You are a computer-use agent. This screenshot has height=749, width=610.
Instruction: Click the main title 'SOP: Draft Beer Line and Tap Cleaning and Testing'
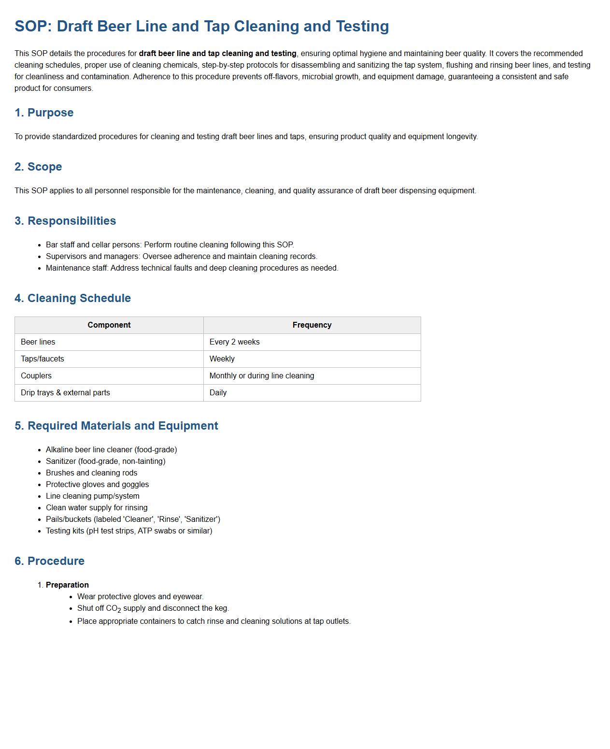click(201, 26)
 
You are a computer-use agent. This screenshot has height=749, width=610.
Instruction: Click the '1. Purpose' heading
click(44, 113)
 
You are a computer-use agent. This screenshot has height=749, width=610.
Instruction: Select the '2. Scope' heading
click(38, 167)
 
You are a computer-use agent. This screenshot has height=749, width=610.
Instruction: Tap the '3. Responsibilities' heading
click(65, 221)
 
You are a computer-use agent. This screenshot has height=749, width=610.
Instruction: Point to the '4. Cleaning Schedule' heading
click(72, 298)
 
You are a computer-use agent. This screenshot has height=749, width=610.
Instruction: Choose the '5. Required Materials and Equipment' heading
click(116, 426)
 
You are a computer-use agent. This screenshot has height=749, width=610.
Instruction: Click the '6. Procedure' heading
click(49, 561)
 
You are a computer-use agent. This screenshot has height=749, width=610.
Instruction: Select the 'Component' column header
click(109, 325)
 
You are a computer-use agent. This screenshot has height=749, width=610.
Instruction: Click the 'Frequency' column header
click(312, 325)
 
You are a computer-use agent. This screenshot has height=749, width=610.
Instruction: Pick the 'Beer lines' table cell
click(38, 342)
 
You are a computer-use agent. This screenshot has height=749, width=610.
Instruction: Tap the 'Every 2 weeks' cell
click(235, 342)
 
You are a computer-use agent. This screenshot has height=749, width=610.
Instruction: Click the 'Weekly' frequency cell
click(222, 359)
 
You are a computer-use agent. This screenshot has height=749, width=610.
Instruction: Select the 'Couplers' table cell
click(36, 376)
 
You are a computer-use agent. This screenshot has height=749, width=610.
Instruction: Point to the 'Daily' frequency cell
click(218, 393)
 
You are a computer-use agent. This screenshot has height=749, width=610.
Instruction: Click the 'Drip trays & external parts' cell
click(65, 393)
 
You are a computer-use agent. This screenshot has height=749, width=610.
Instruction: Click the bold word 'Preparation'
click(67, 585)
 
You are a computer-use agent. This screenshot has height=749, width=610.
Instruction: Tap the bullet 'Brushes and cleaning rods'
click(91, 473)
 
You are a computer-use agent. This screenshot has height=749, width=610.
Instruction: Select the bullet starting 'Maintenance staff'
click(192, 268)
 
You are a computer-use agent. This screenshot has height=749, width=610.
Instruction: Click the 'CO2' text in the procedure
click(113, 609)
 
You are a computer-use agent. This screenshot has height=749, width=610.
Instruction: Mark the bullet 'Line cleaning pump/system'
click(92, 496)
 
